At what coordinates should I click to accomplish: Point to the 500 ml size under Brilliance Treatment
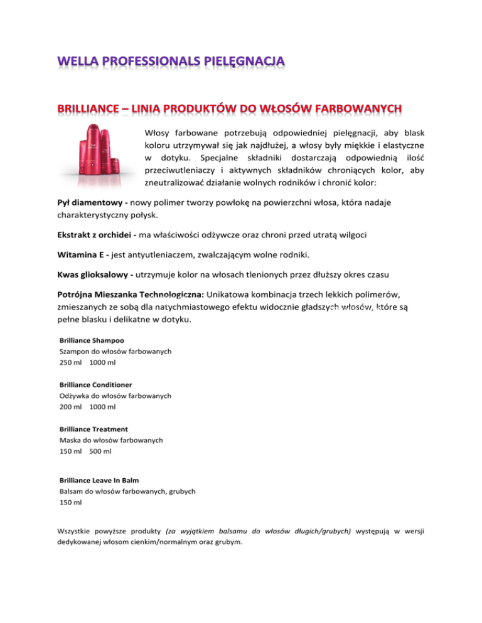click(100, 451)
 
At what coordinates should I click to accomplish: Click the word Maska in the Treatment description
click(69, 441)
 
